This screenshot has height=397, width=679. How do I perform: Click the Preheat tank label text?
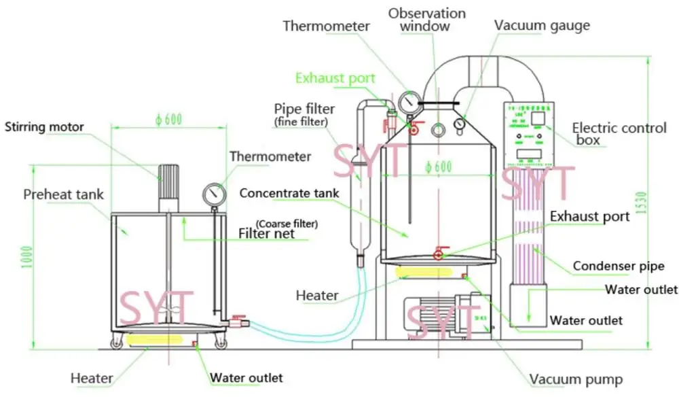[x=64, y=195]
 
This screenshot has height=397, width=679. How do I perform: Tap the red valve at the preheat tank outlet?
[x=237, y=318]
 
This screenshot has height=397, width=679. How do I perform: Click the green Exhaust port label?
[x=335, y=78]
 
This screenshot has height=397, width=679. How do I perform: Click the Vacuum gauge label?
[x=541, y=26]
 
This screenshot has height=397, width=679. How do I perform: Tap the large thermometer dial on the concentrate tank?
[x=409, y=103]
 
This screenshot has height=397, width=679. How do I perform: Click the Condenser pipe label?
[x=619, y=266]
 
